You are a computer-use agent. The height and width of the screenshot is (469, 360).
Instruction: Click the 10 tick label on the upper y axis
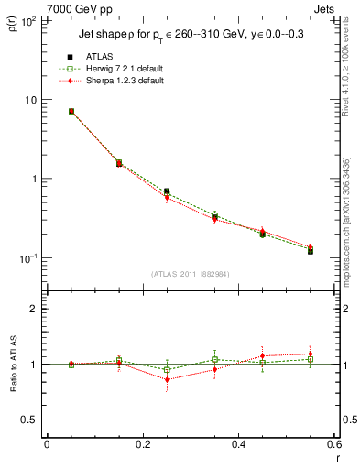pyautogui.click(x=30, y=99)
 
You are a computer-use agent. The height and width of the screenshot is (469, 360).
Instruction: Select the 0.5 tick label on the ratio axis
pyautogui.click(x=30, y=420)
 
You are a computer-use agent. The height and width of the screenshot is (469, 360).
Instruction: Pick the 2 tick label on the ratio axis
pyautogui.click(x=34, y=309)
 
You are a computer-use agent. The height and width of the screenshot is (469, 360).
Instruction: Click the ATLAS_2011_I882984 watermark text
pyautogui.click(x=191, y=273)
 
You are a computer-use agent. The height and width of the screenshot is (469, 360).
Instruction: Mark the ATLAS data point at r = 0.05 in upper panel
pyautogui.click(x=71, y=111)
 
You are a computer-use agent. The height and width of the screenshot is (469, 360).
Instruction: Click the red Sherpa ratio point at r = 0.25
pyautogui.click(x=167, y=379)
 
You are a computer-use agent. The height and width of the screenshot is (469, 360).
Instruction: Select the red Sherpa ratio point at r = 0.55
pyautogui.click(x=311, y=354)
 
